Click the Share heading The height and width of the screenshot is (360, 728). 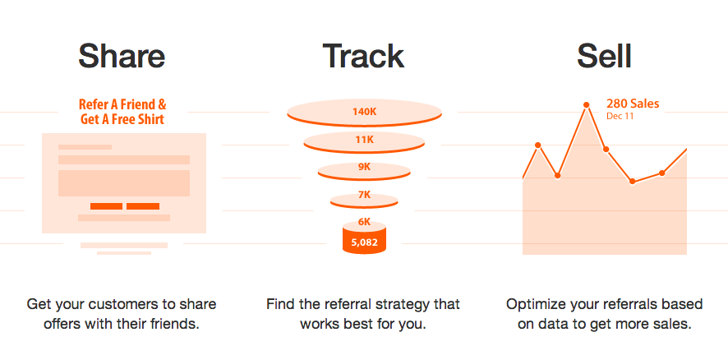pyautogui.click(x=122, y=56)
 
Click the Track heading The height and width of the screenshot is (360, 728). pyautogui.click(x=363, y=56)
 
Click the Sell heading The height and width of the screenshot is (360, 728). pyautogui.click(x=604, y=56)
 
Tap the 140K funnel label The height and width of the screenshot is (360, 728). pyautogui.click(x=364, y=112)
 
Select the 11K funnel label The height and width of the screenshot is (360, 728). pyautogui.click(x=365, y=140)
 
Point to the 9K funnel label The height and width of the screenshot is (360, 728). pyautogui.click(x=365, y=167)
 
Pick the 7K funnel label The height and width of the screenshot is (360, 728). pyautogui.click(x=365, y=195)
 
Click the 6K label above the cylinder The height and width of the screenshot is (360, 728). pyautogui.click(x=365, y=222)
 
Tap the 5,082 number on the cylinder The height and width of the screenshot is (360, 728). pyautogui.click(x=365, y=242)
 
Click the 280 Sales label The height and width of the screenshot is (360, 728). pyautogui.click(x=633, y=104)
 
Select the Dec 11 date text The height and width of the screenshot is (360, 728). pyautogui.click(x=620, y=117)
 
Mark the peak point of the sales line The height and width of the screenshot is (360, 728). pyautogui.click(x=587, y=105)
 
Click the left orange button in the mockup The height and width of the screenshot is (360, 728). pyautogui.click(x=106, y=206)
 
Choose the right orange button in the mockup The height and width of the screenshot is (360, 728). pyautogui.click(x=143, y=206)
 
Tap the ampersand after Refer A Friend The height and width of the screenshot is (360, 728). pyautogui.click(x=161, y=104)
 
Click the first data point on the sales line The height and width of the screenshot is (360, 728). pyautogui.click(x=538, y=145)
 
